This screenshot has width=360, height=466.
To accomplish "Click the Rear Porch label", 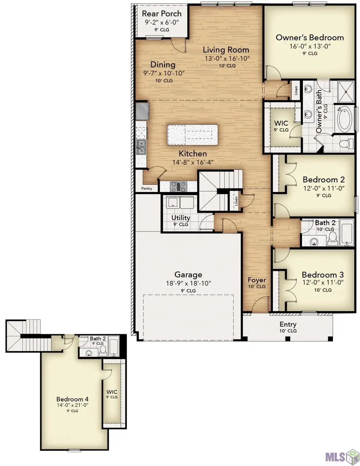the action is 162,14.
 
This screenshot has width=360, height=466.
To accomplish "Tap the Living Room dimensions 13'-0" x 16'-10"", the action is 227,58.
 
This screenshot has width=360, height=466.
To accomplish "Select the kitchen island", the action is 192,135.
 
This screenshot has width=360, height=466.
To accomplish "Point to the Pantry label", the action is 146,188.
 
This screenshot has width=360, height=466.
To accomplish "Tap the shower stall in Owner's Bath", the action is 346,91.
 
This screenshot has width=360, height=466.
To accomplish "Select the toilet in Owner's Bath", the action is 344,144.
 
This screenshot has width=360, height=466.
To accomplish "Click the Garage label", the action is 188,275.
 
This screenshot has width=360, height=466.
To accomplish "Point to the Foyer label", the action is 257,280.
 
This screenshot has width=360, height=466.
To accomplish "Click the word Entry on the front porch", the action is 288,324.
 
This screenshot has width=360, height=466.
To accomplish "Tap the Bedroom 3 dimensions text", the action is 323,282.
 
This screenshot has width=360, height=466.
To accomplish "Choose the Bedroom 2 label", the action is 324,180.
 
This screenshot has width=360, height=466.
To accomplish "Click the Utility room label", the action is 181,218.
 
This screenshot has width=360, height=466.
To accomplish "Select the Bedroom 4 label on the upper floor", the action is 72,399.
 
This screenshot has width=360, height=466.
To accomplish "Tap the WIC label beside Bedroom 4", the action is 112,392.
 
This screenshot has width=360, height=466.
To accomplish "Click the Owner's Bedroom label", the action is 310,38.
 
